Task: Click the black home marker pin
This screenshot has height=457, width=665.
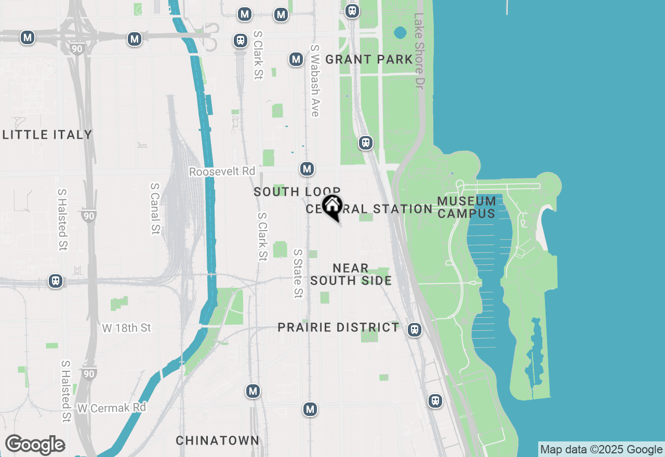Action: click(332, 206)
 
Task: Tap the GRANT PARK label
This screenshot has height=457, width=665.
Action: click(369, 60)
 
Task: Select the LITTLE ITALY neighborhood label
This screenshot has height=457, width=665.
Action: click(47, 135)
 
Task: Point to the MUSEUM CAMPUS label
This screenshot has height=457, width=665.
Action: click(467, 207)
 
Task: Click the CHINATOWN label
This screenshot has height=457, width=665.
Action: click(217, 441)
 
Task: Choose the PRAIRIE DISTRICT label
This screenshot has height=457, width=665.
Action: click(338, 328)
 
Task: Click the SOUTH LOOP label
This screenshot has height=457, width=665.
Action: click(297, 192)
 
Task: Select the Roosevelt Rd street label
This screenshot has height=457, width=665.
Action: click(222, 171)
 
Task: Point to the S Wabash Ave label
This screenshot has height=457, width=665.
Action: click(314, 80)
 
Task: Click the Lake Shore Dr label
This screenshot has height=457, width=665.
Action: click(420, 50)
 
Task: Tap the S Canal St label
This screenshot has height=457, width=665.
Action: click(154, 208)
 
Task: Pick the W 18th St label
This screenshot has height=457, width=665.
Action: click(126, 328)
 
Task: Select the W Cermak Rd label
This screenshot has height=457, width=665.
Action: click(112, 408)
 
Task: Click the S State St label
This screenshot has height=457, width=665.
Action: click(298, 274)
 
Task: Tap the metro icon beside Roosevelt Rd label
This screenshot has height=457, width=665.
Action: click(307, 169)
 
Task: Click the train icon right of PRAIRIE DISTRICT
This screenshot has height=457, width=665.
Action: click(414, 330)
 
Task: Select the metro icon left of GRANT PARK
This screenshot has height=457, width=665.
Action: click(296, 59)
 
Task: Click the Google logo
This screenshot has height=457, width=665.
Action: click(35, 445)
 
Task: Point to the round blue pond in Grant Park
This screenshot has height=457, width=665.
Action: click(400, 33)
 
